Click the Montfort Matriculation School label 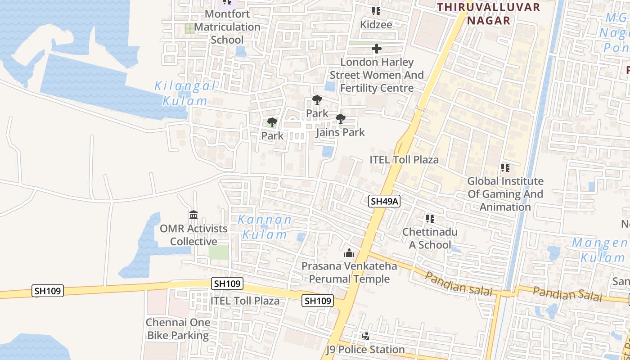tap(227, 27)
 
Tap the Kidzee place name tap(376, 25)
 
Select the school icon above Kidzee tap(376, 11)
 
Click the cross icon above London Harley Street tap(377, 49)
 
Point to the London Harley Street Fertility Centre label tap(377, 75)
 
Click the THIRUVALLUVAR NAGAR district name tap(488, 13)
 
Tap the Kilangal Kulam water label tap(185, 93)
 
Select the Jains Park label tap(340, 132)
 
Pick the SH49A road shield tap(384, 201)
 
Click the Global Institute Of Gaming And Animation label tap(505, 194)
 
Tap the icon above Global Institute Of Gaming tap(505, 168)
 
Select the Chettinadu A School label tap(430, 238)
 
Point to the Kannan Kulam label tap(265, 227)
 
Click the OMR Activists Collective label tap(193, 235)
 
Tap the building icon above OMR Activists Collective tap(193, 215)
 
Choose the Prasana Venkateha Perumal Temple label tap(349, 272)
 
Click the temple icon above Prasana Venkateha tap(349, 253)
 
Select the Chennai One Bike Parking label tap(178, 329)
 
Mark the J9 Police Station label tap(365, 350)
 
